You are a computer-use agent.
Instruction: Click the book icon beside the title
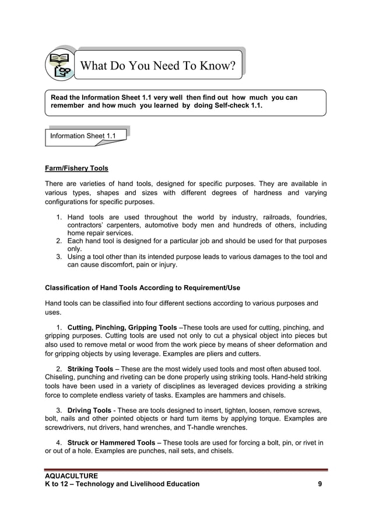pos(61,65)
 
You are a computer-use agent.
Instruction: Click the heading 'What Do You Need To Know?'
pos(157,66)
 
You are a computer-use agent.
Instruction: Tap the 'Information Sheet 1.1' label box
pos(83,136)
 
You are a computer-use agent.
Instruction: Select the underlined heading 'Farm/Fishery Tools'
pos(76,169)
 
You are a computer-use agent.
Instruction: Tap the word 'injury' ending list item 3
pos(166,265)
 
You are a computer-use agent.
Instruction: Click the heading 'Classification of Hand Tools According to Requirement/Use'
pos(142,288)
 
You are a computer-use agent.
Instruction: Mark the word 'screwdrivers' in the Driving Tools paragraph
pos(65,427)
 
